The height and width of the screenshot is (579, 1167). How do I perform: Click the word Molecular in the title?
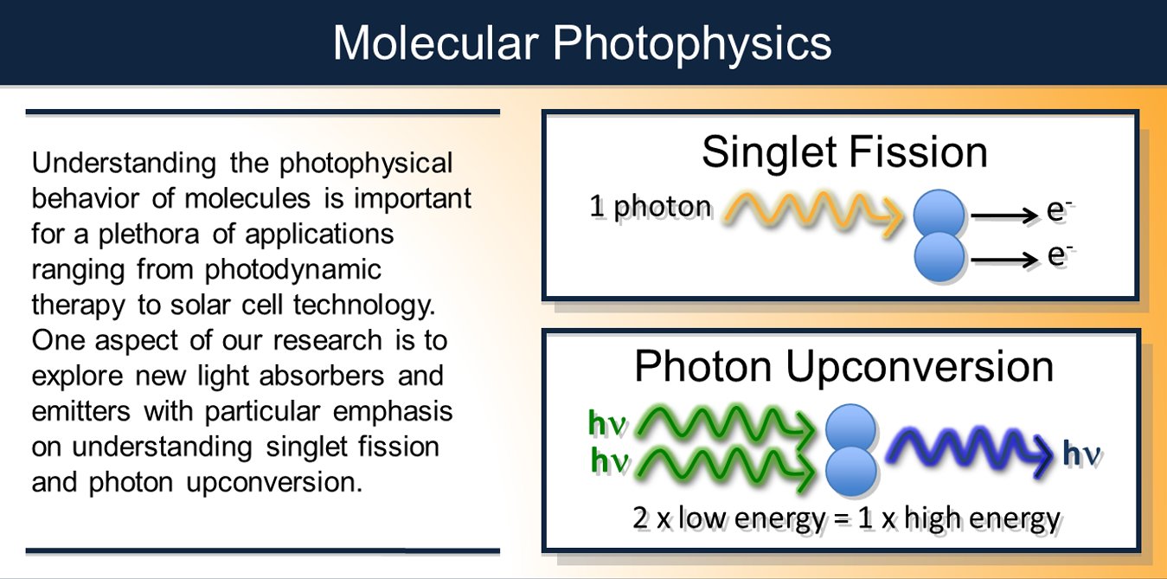coord(435,42)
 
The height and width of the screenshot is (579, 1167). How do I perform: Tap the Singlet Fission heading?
coord(844,153)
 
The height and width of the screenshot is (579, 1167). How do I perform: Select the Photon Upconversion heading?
coord(843,366)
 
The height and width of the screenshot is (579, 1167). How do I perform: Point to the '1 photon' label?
coord(650,208)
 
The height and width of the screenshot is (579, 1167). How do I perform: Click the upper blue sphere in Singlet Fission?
coord(939,214)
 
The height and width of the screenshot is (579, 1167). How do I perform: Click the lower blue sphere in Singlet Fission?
coord(939,257)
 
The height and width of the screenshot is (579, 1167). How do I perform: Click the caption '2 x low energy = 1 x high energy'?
coord(846,518)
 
